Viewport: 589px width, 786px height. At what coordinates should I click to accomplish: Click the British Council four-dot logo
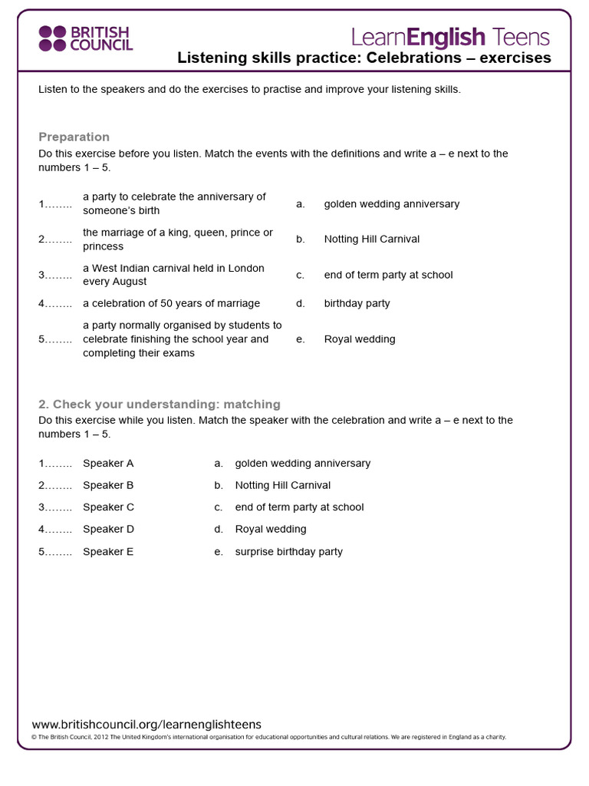point(52,38)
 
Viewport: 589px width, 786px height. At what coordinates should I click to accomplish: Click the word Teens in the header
point(522,37)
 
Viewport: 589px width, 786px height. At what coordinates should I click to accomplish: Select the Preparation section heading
point(74,137)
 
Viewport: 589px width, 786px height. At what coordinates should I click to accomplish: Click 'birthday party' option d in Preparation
point(357,303)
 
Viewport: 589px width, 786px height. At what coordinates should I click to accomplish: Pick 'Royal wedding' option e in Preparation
point(360,339)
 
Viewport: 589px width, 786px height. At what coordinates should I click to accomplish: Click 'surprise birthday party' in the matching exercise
point(288,551)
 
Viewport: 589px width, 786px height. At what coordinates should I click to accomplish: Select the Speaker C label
point(108,507)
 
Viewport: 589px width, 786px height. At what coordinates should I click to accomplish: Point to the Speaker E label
point(108,551)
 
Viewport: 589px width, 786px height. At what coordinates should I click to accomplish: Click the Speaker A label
point(108,463)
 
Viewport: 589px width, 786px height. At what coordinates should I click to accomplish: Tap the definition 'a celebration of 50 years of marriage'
point(171,303)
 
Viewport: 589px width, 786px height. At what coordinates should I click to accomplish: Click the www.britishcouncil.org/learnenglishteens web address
point(146,724)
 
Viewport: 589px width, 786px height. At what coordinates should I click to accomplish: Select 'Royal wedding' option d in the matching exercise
point(270,529)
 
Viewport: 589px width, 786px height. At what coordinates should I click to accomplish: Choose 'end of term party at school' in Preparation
point(388,275)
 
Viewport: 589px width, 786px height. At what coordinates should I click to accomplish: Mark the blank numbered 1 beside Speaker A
point(55,463)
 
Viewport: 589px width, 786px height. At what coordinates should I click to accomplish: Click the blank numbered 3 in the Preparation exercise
point(55,275)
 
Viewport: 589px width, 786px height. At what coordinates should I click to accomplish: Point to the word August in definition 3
point(130,282)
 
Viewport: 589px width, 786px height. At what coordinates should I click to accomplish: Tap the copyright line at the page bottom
point(268,737)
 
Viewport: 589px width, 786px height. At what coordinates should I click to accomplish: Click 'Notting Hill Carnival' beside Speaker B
point(282,485)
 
